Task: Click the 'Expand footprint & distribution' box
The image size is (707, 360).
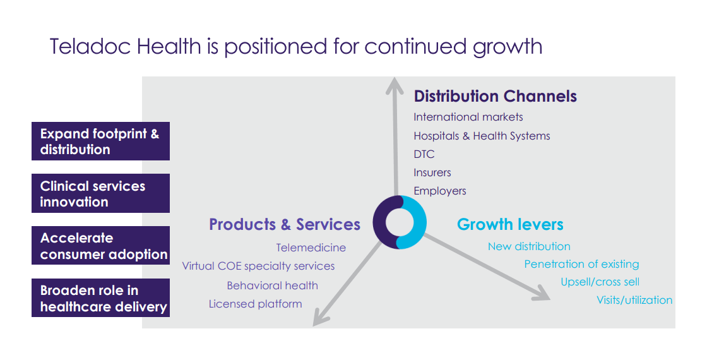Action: [100, 141]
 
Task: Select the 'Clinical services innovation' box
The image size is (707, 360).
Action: [100, 193]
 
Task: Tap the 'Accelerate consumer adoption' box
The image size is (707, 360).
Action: [100, 246]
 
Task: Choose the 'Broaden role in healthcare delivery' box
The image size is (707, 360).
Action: [100, 297]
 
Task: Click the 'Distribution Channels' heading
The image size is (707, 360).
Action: [495, 96]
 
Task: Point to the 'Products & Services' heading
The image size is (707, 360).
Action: [285, 224]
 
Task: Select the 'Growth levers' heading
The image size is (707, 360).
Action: [510, 224]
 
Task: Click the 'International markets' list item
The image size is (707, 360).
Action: [468, 117]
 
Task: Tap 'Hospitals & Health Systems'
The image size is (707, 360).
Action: [482, 136]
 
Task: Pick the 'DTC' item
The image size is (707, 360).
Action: [424, 154]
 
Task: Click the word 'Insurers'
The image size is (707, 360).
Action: [432, 173]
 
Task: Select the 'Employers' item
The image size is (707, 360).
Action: [439, 191]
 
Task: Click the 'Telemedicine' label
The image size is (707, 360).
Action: [311, 248]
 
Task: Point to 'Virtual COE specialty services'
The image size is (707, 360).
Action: [258, 266]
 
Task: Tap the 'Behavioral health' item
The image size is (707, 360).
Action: [272, 285]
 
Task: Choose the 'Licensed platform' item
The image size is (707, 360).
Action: [255, 304]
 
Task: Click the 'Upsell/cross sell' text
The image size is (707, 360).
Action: [600, 282]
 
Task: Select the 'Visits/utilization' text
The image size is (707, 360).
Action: [634, 300]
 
